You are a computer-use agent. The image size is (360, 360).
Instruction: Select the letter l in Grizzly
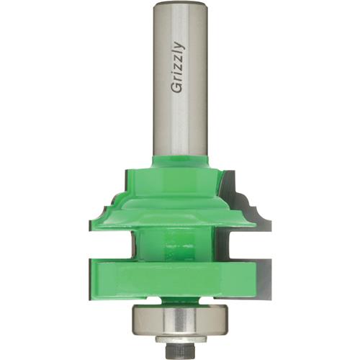coord(178,53)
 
